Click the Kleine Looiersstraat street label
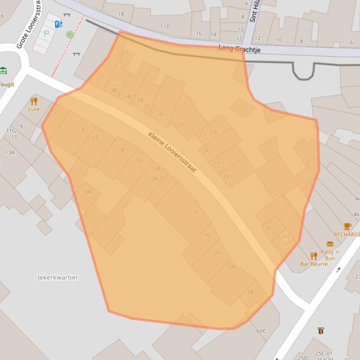[x=172, y=152]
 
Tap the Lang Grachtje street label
[x=239, y=49]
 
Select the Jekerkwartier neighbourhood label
[x=58, y=277]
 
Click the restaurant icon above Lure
[x=34, y=101]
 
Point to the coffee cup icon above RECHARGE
[x=347, y=226]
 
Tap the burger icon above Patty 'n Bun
[x=330, y=244]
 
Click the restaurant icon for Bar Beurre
[x=314, y=256]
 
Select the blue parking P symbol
[x=46, y=33]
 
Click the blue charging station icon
[x=59, y=24]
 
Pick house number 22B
[x=248, y=292]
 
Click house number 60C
[x=261, y=331]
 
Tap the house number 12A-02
[x=157, y=178]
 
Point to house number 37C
[x=286, y=237]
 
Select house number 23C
[x=214, y=132]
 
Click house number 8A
[x=88, y=192]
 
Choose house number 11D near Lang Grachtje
[x=165, y=27]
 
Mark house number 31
[x=264, y=181]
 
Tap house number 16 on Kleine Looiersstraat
[x=195, y=212]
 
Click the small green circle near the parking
[x=70, y=35]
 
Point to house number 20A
[x=232, y=266]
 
